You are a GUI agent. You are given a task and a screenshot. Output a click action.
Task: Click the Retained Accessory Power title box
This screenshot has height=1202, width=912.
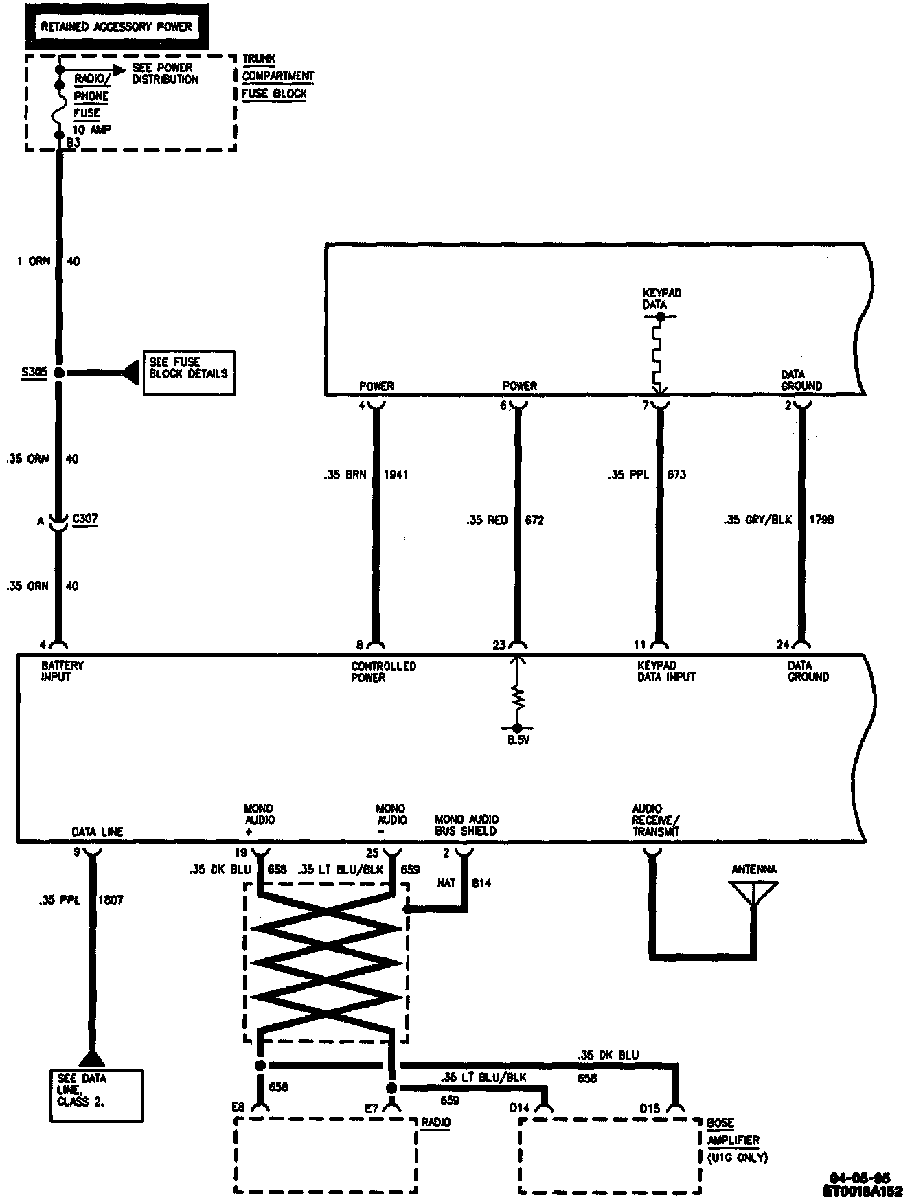pos(116,27)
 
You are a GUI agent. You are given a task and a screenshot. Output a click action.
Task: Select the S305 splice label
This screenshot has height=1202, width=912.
pos(34,372)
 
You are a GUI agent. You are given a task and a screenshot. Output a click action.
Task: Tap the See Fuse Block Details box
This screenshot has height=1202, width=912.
pos(188,373)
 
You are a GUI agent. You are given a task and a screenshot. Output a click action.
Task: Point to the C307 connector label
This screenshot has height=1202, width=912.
pos(85,519)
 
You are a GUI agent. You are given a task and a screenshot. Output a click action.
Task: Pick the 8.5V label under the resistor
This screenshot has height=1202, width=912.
pos(518,740)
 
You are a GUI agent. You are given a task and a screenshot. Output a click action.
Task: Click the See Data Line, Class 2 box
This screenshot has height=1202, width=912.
pos(96,1096)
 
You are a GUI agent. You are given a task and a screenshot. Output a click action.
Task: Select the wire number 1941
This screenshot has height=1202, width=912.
pos(396,475)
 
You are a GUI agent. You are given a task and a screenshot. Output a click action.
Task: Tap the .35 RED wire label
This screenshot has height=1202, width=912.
pos(487,520)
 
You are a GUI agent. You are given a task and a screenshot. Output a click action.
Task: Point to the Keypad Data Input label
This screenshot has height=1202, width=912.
pos(666,671)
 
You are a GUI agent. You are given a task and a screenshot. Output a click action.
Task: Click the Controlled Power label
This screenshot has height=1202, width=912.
pos(383,672)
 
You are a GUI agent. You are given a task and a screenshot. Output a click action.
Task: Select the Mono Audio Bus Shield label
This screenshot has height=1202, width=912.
pos(466,825)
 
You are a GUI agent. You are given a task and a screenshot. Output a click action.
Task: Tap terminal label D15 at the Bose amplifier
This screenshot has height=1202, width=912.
pos(650,1109)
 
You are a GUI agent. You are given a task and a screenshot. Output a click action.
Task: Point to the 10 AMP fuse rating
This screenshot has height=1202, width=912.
pos(91,130)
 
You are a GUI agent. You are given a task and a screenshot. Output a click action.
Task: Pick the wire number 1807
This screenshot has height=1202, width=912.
pos(111,900)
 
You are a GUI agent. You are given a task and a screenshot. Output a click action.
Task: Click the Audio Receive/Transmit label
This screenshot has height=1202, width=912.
pos(656,820)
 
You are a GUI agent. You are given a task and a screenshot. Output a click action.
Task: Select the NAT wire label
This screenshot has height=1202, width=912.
pos(446,883)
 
